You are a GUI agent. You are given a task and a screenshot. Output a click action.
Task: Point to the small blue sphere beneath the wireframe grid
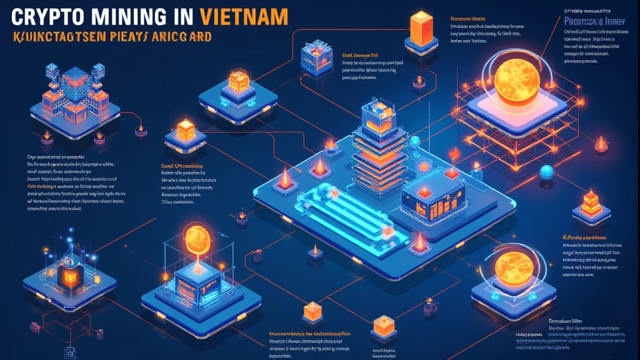pyautogui.click(x=547, y=171)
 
